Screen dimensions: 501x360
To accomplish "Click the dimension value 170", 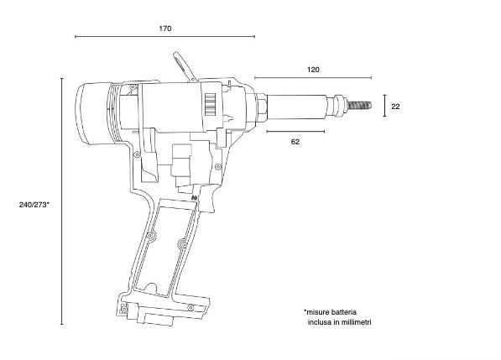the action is [x=165, y=29].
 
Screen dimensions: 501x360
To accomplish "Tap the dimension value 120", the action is [x=313, y=70].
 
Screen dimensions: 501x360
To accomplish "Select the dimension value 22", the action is [x=395, y=107].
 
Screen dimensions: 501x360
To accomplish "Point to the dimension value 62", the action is [x=295, y=142].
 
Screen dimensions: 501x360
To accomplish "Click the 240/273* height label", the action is [x=34, y=205].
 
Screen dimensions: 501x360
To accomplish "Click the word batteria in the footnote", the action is [x=344, y=312].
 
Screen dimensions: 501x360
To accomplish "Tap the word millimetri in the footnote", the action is [x=357, y=322].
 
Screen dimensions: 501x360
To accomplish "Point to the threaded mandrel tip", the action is [x=359, y=105].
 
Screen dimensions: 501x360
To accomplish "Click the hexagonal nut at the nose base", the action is [x=261, y=107].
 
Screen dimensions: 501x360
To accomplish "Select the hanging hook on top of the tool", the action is [x=184, y=66].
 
